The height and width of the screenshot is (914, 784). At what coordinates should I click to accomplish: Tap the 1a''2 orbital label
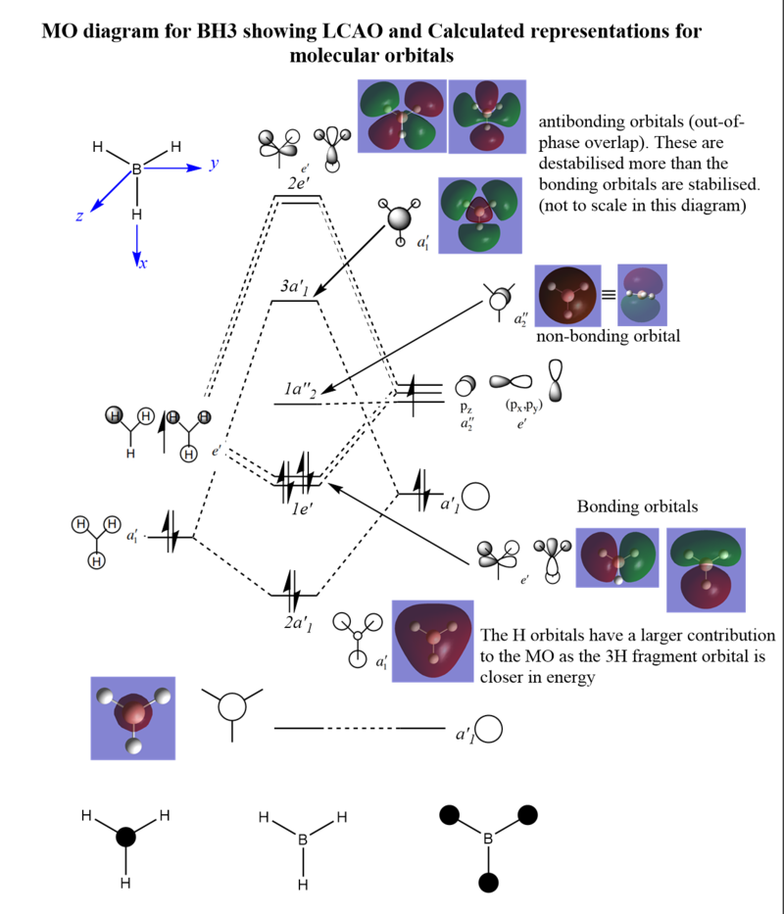[x=300, y=390]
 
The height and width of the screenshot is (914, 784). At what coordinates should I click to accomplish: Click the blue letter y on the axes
[x=214, y=165]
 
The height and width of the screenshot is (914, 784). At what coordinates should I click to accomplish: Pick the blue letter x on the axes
[x=141, y=264]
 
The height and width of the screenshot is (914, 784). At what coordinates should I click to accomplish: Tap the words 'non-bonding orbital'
[x=608, y=336]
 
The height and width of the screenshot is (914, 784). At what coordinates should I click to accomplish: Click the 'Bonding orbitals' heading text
[x=637, y=506]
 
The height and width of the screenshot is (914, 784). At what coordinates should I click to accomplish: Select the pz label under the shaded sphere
[x=466, y=404]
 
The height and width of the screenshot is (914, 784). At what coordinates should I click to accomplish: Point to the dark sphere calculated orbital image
[x=571, y=297]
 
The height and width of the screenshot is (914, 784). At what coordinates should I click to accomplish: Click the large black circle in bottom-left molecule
[x=125, y=838]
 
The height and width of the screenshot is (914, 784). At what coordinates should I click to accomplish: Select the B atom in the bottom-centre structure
[x=303, y=840]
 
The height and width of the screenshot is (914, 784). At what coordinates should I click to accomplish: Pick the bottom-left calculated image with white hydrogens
[x=132, y=718]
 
